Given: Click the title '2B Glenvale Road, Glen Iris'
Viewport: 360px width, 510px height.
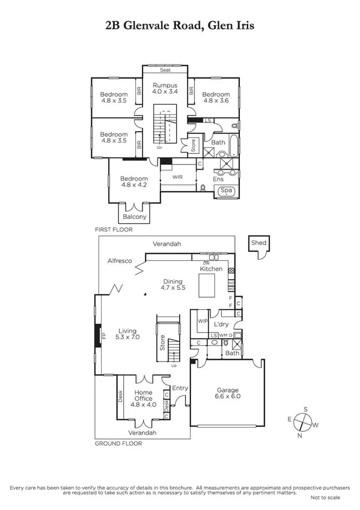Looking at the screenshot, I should (180, 26).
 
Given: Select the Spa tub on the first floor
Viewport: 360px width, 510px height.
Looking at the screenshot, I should (226, 191).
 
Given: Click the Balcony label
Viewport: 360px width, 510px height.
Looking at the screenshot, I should (134, 217).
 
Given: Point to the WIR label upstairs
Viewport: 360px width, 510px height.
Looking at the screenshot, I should (177, 177).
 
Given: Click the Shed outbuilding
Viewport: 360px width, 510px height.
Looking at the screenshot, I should (259, 243).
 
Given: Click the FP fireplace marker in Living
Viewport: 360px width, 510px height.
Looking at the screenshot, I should (103, 336).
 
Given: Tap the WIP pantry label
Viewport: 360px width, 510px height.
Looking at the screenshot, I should (203, 322).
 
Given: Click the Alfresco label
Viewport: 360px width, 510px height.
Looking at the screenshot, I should (120, 261).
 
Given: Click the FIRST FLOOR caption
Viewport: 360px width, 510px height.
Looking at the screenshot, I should (113, 229).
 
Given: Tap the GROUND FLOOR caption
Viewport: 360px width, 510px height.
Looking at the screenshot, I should (118, 443).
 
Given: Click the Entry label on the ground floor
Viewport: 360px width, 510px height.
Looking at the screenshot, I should (180, 389).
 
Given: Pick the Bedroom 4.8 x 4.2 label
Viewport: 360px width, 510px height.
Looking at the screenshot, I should (133, 182).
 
